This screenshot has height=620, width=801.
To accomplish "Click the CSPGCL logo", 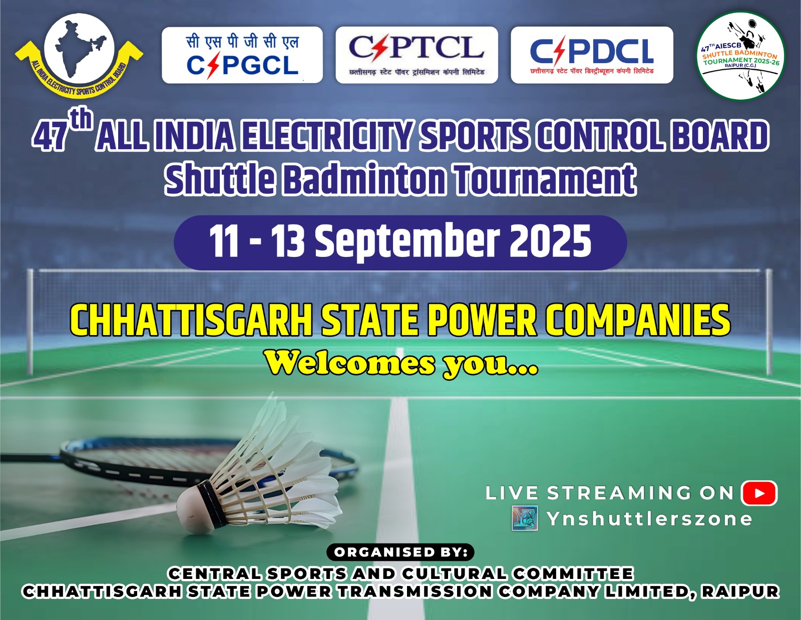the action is coord(242,55).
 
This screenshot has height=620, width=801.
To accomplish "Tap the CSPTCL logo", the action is coord(417,55).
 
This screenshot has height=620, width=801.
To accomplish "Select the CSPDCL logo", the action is coord(592,55).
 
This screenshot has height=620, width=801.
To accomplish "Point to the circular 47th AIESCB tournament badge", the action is coord(741,56).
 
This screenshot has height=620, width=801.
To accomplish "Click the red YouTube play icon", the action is coord(759,493).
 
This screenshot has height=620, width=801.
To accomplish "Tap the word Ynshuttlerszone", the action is coord(649,519).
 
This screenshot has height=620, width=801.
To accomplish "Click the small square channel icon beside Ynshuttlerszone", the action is coord(525,518).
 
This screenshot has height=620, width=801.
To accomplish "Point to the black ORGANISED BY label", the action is coord(400,552).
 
